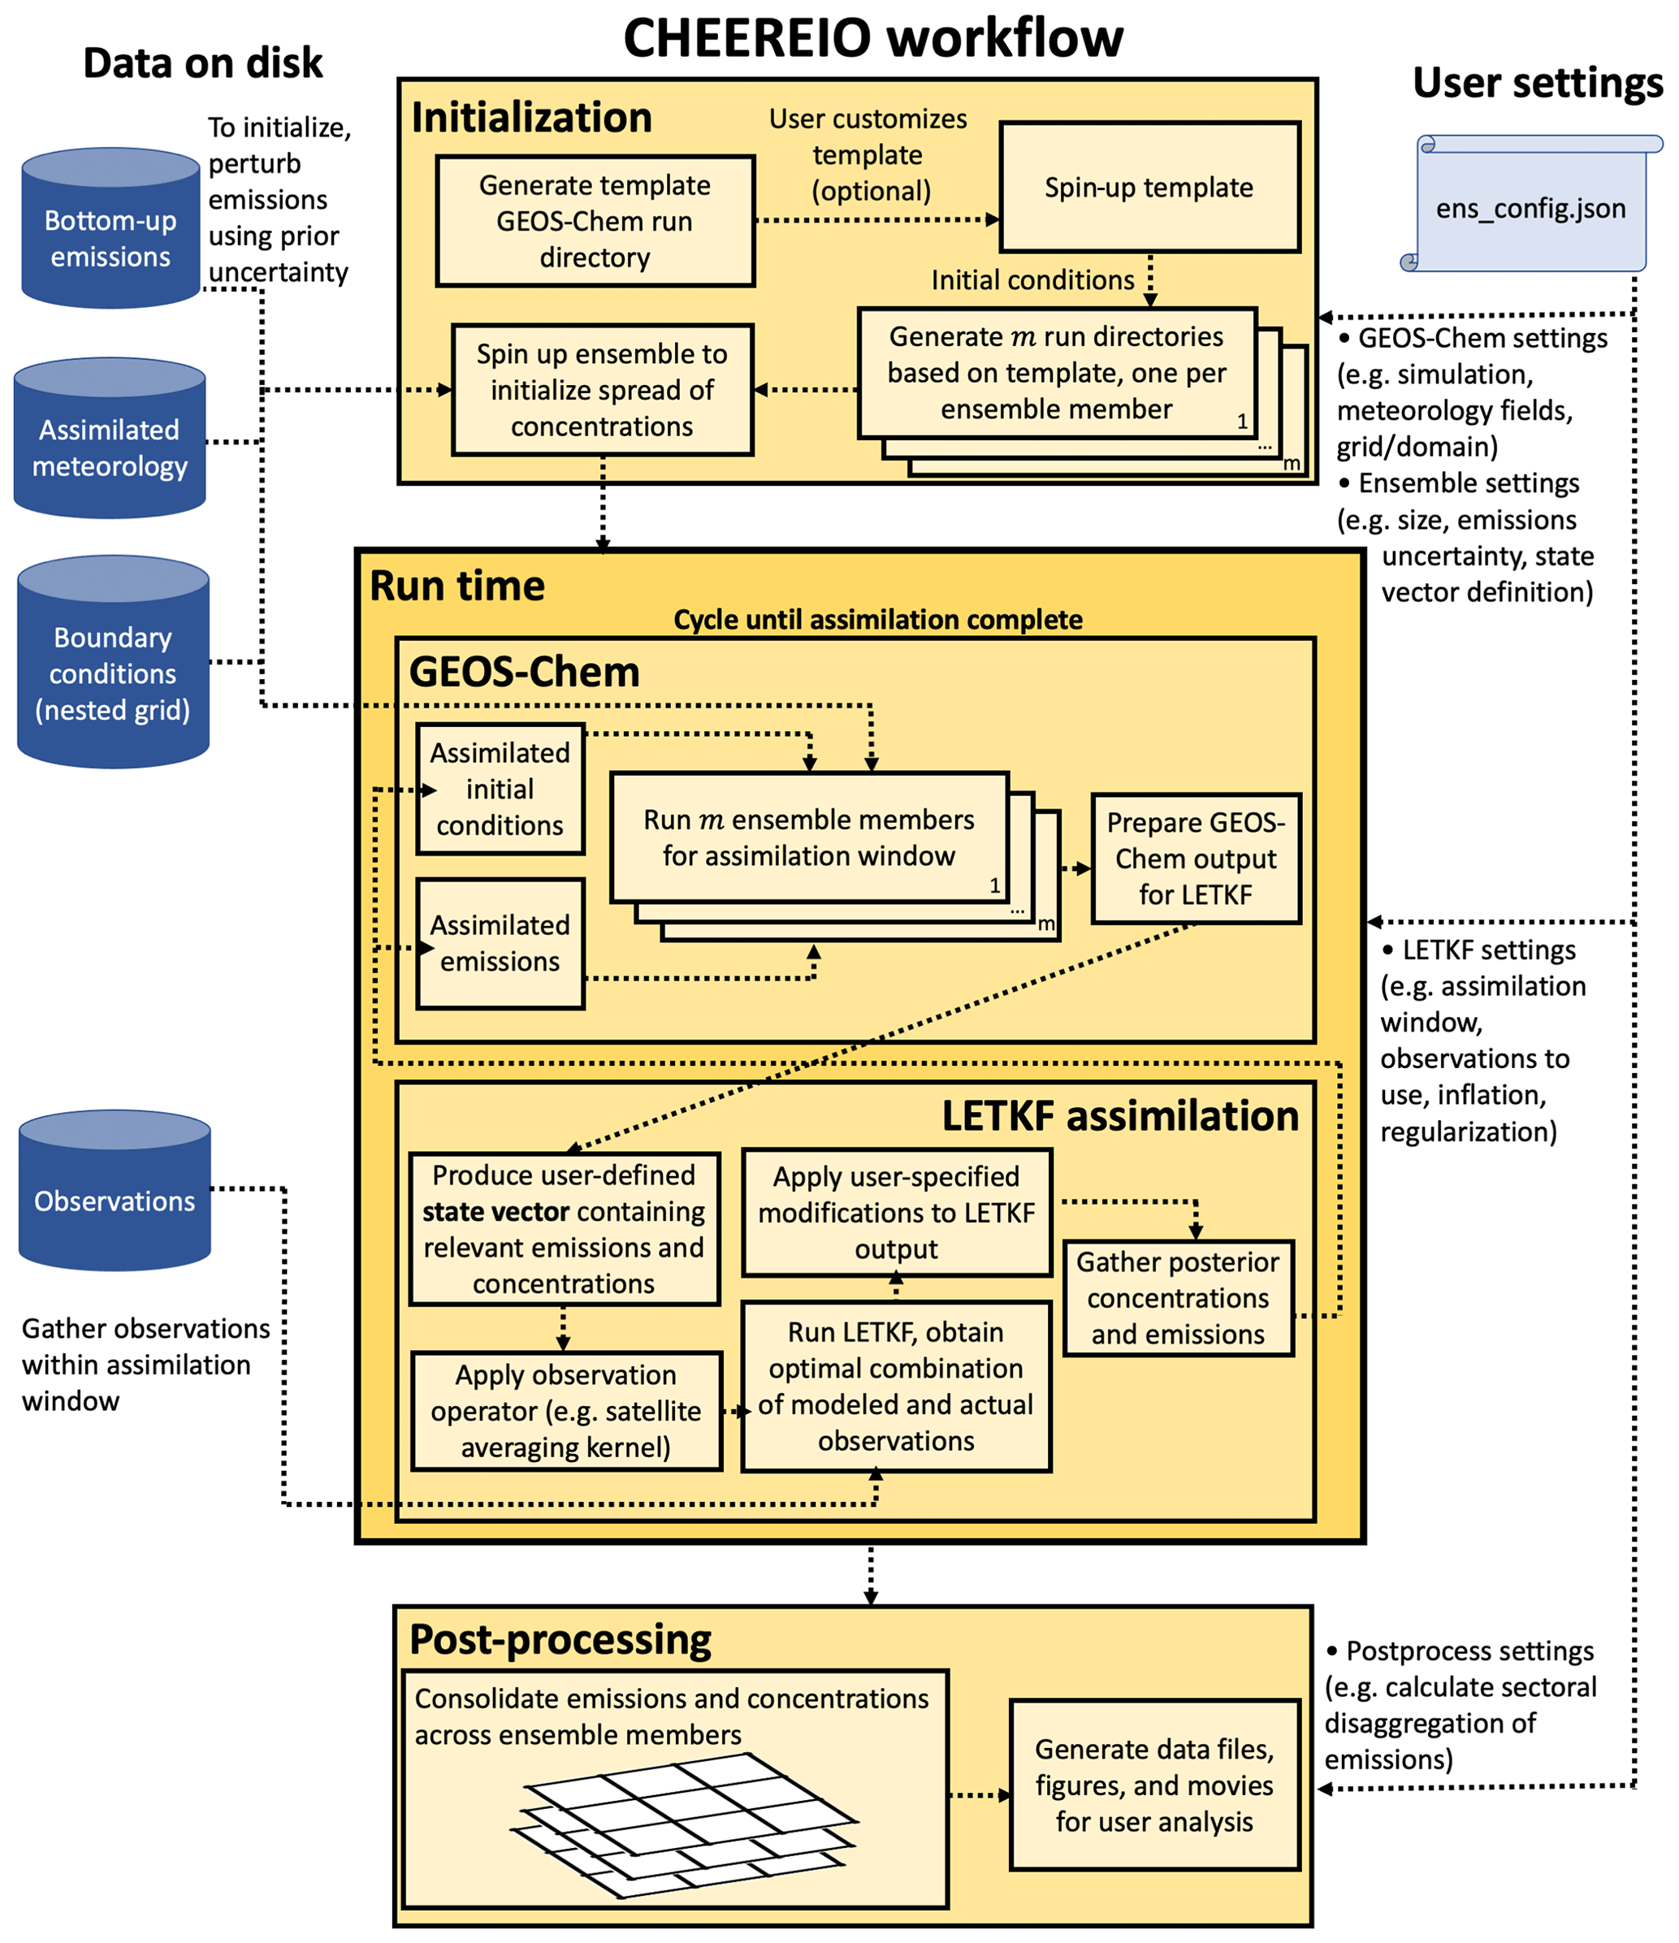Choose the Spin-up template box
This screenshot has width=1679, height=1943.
pyautogui.click(x=1149, y=188)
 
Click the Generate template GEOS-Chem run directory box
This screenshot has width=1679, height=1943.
pyautogui.click(x=595, y=221)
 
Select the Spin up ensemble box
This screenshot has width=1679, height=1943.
pyautogui.click(x=602, y=390)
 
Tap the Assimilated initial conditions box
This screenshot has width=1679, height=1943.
pyautogui.click(x=500, y=789)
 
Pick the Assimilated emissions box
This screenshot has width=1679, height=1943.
pyautogui.click(x=500, y=943)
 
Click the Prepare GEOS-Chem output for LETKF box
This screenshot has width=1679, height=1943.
pyautogui.click(x=1196, y=859)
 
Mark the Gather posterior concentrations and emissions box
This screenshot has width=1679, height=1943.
pyautogui.click(x=1178, y=1298)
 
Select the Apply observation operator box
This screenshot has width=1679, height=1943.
pyautogui.click(x=566, y=1410)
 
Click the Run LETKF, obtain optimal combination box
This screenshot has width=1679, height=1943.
pyautogui.click(x=896, y=1386)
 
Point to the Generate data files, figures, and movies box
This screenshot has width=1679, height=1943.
pyautogui.click(x=1154, y=1785)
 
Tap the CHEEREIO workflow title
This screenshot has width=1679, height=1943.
pyautogui.click(x=872, y=39)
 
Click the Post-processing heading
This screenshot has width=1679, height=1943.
pyautogui.click(x=560, y=1639)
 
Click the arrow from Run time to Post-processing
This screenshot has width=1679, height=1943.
pyautogui.click(x=871, y=1575)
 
